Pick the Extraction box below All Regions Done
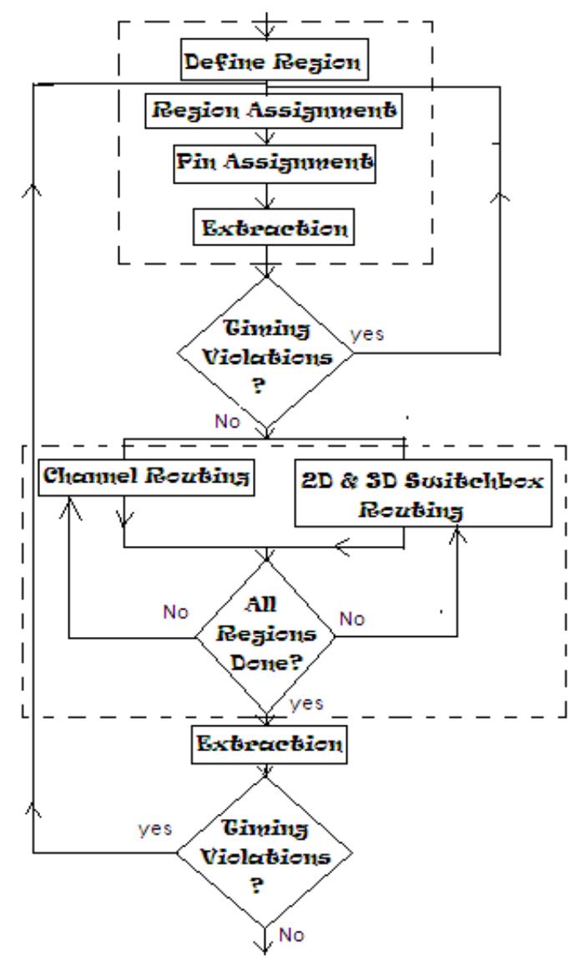coord(266,742)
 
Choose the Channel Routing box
coord(147,478)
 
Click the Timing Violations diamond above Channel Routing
coord(266,353)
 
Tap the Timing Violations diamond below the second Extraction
coord(266,851)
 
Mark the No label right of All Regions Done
coord(352,619)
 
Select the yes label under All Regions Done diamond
coord(308,703)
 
